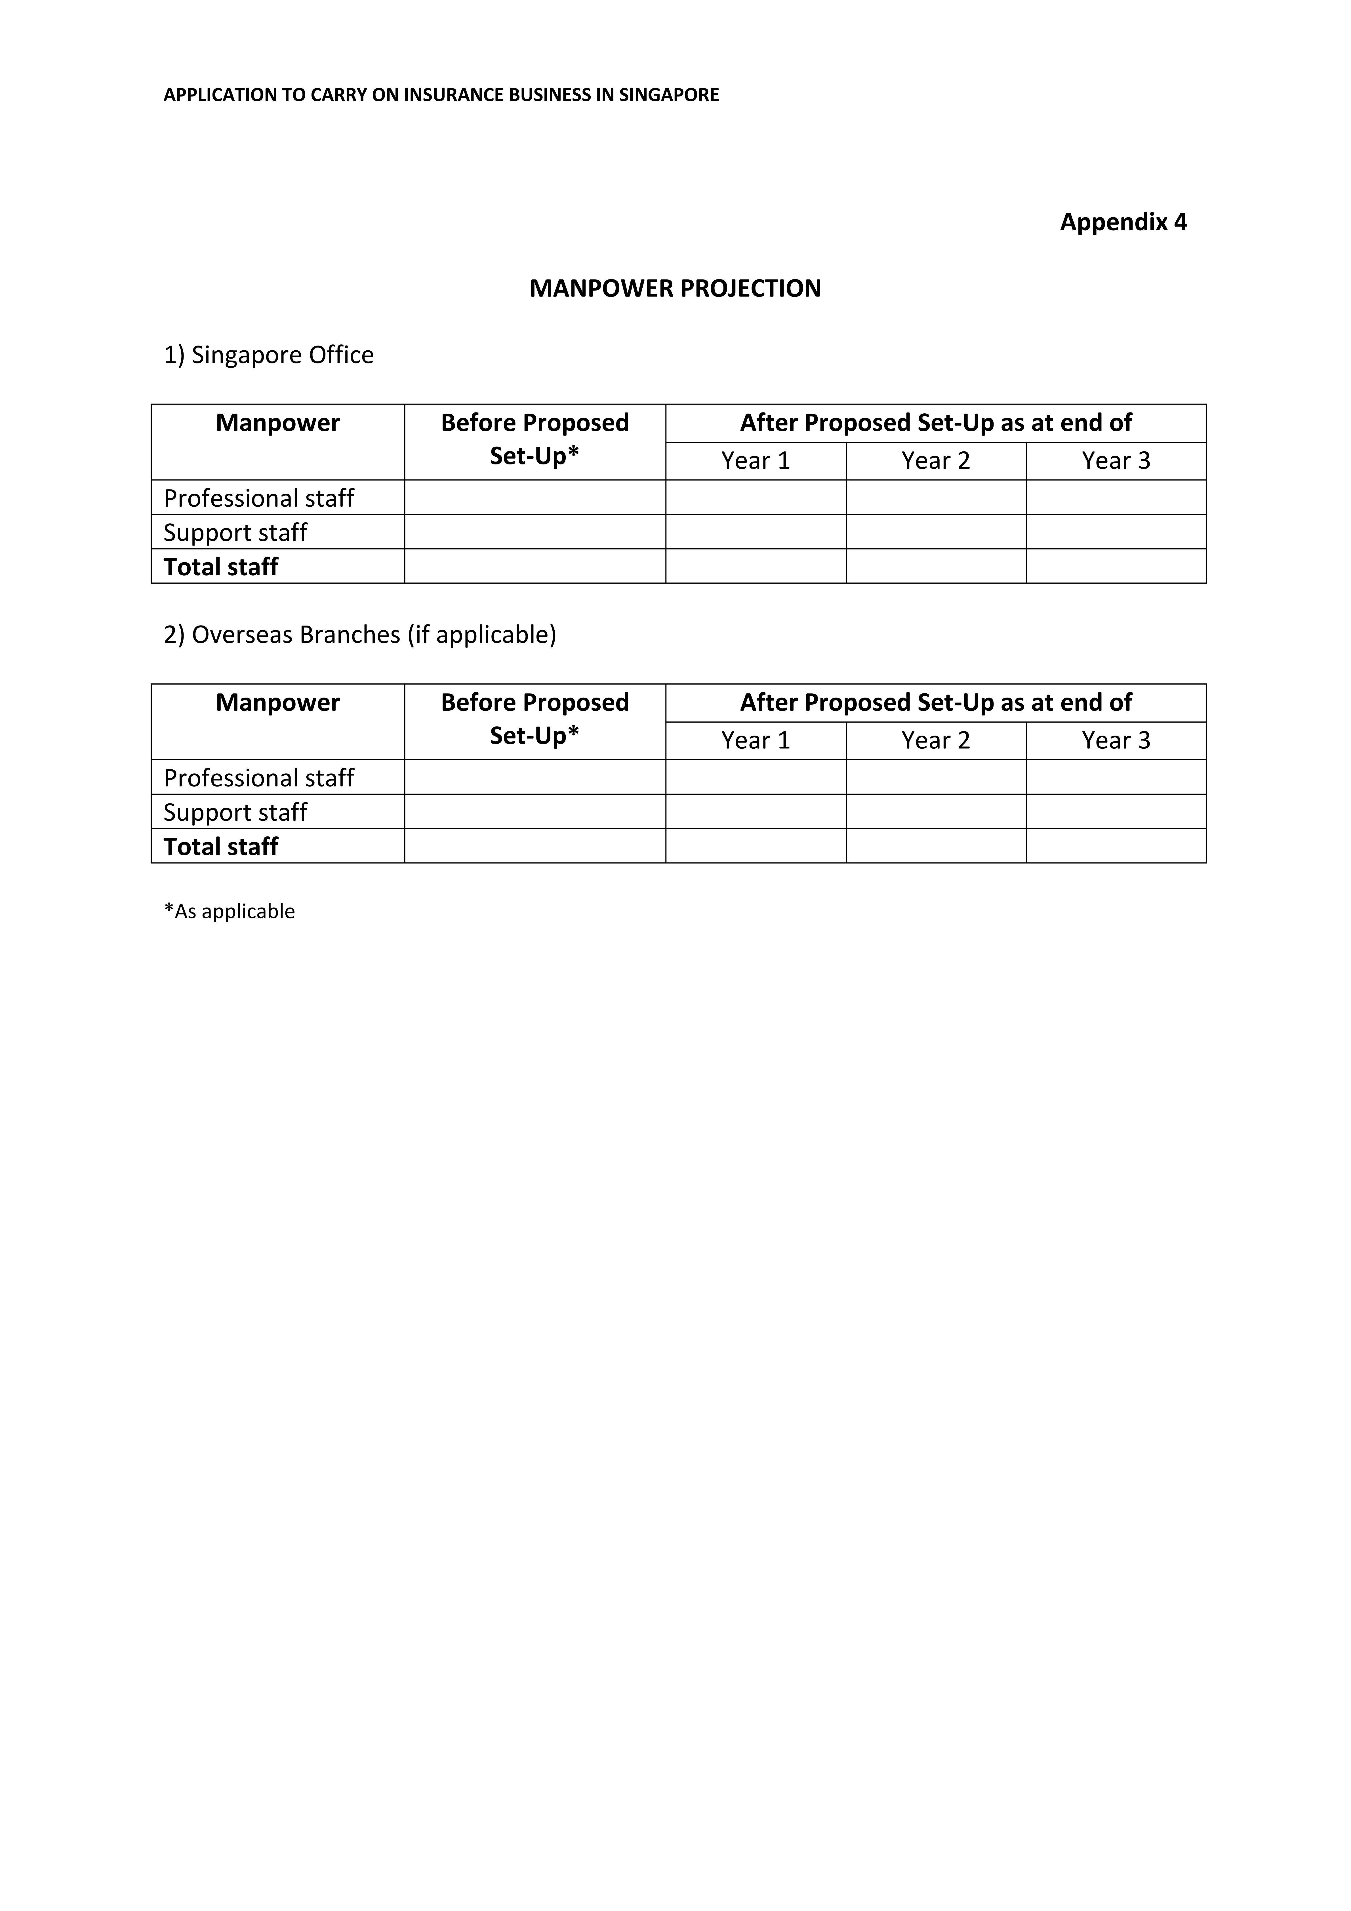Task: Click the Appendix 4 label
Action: [1123, 222]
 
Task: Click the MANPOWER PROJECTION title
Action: [675, 289]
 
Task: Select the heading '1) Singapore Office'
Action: [269, 355]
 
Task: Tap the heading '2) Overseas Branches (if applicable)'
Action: [360, 635]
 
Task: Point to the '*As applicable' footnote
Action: [230, 912]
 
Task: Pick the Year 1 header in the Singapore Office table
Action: [755, 461]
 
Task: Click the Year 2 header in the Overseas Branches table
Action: [936, 741]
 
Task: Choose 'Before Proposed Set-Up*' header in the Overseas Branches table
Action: [534, 719]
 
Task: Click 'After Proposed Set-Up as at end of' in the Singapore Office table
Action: [936, 423]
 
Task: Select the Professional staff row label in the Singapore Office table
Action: [259, 498]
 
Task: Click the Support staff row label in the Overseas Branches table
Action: [235, 812]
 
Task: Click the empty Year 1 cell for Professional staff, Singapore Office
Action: [755, 498]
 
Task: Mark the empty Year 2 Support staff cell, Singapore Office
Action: [936, 532]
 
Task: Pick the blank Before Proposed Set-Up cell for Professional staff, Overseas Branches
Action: [534, 777]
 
